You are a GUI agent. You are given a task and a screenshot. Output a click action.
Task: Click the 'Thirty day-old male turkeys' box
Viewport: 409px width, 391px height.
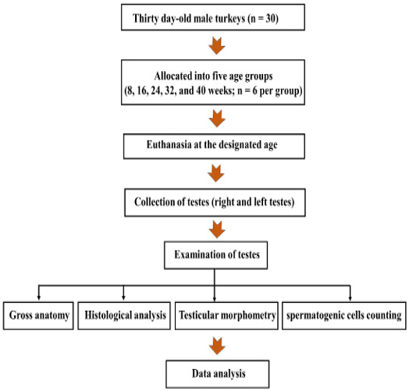[x=213, y=17]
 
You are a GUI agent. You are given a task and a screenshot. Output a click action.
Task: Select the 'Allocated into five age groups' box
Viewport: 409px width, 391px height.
[x=213, y=83]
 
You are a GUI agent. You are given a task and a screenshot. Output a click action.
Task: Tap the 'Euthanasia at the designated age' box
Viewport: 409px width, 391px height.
[x=214, y=146]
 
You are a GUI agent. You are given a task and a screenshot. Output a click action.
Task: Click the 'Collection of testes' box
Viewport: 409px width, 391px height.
[x=215, y=203]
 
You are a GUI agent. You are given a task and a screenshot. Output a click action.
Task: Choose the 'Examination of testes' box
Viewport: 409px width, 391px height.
[x=215, y=255]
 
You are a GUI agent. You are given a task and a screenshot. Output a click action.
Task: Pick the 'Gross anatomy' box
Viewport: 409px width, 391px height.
[x=38, y=316]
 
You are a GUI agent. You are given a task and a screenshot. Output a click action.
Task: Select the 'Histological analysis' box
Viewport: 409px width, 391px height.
[x=124, y=316]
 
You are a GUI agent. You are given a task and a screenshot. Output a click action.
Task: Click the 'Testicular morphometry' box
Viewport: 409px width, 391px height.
[x=226, y=316]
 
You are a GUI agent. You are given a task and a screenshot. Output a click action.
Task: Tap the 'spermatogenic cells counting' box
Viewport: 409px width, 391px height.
[x=344, y=316]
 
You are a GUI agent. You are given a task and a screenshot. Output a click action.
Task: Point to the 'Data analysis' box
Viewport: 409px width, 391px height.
[x=218, y=374]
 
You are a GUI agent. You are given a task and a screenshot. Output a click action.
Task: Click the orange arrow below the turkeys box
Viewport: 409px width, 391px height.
[x=217, y=45]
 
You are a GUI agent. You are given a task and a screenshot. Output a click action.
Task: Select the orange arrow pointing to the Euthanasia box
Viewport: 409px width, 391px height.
[x=217, y=119]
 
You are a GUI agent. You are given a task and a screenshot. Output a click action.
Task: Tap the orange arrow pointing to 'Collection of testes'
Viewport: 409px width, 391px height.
[x=216, y=173]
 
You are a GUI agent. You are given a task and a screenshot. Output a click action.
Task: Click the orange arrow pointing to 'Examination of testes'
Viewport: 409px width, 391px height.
[x=217, y=229]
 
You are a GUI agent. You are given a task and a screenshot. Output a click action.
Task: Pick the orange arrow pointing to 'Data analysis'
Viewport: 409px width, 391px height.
[x=217, y=346]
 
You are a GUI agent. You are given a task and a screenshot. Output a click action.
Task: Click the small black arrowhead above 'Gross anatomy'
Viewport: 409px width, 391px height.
[x=38, y=298]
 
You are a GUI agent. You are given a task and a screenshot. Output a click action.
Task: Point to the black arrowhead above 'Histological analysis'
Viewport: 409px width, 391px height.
[x=123, y=298]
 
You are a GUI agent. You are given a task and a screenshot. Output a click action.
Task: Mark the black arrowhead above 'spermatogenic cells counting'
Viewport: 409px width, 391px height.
[x=350, y=298]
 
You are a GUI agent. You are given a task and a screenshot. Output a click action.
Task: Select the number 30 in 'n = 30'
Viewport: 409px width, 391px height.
[x=271, y=19]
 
